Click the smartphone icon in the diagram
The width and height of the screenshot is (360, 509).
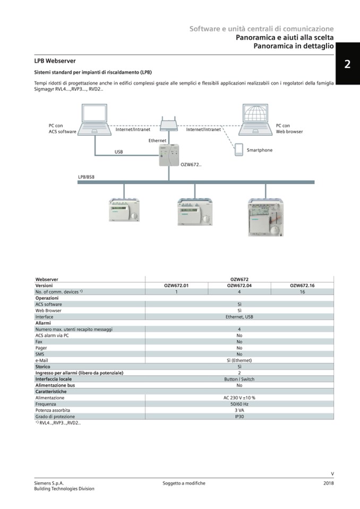[x=239, y=150]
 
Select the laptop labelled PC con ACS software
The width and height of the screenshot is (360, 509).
[x=96, y=119]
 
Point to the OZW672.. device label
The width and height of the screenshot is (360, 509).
[x=191, y=165]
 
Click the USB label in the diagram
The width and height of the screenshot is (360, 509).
[x=118, y=152]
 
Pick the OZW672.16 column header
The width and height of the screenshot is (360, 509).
[x=302, y=286]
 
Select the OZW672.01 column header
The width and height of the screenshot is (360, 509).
[x=176, y=286]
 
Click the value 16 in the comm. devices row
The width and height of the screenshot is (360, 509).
[x=302, y=292]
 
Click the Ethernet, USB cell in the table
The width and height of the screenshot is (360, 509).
[x=239, y=316]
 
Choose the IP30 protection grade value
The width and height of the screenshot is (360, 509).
[x=239, y=417]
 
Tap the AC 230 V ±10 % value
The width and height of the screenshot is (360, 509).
[x=239, y=398]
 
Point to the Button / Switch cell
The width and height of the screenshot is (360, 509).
[x=239, y=379]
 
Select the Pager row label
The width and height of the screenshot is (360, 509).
[x=41, y=348]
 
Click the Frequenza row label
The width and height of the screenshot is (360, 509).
[x=46, y=404]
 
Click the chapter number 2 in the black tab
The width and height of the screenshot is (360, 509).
[x=347, y=64]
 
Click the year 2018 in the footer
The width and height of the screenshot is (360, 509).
[x=328, y=483]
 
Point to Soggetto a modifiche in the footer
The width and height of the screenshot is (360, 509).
[x=184, y=483]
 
